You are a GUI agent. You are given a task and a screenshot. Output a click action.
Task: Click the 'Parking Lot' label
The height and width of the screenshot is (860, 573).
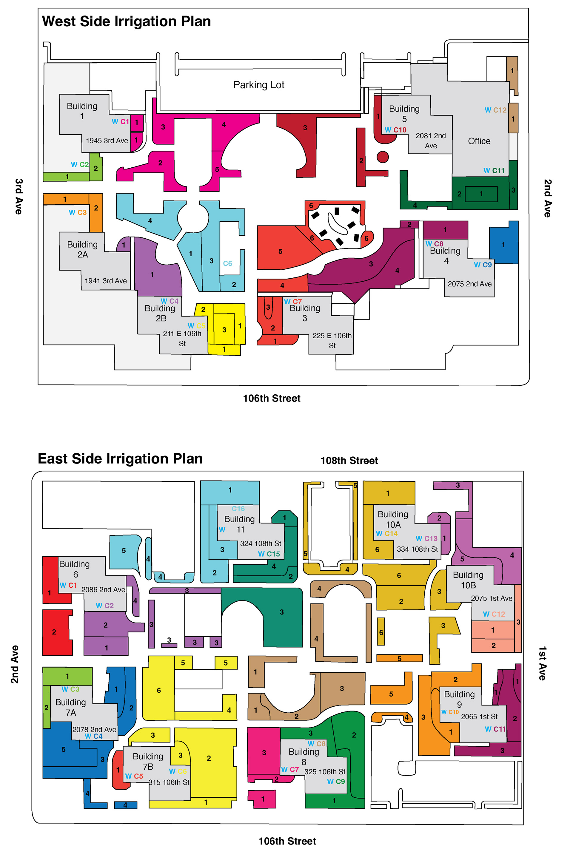click(259, 85)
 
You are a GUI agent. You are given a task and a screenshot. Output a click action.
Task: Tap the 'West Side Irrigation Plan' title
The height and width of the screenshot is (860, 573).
click(127, 21)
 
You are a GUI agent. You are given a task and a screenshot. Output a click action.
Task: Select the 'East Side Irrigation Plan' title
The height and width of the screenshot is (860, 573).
click(120, 459)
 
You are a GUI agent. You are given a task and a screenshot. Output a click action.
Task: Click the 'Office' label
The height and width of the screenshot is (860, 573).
click(479, 141)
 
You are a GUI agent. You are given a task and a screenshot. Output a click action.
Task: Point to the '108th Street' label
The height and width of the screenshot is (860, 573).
click(349, 461)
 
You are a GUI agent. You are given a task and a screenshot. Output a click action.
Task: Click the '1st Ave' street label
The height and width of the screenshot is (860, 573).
click(542, 663)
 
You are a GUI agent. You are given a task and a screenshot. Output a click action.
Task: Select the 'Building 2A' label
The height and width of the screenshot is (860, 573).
click(82, 249)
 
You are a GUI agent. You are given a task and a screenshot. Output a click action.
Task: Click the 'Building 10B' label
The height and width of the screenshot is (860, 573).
click(468, 580)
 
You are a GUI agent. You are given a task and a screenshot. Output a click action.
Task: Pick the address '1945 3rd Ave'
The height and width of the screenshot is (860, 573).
click(107, 140)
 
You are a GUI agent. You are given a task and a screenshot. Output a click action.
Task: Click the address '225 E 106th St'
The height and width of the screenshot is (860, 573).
click(332, 340)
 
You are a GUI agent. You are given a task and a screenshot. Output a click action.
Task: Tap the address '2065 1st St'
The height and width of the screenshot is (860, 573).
click(479, 717)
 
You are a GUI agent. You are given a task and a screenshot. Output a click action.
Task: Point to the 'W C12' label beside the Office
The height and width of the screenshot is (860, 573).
click(495, 110)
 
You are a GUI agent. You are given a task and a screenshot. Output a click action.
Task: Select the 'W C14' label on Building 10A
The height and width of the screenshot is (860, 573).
click(387, 534)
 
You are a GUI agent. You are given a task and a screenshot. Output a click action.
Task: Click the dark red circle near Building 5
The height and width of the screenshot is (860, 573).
click(383, 157)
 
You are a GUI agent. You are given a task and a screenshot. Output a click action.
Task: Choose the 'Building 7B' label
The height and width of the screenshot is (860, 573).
click(148, 761)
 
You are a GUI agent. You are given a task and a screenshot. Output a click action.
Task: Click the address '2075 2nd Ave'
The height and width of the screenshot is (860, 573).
click(469, 284)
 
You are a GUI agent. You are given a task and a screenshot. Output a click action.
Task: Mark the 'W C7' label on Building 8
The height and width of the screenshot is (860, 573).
click(290, 769)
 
